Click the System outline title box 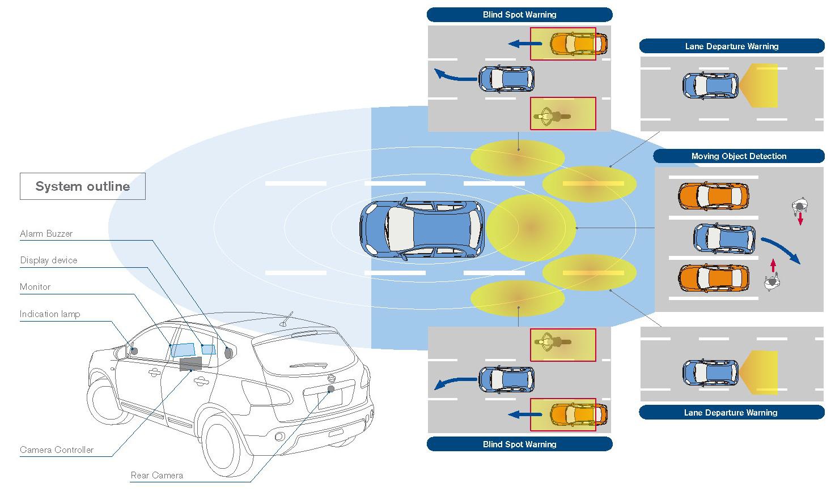[x=83, y=186]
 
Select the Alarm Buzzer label [x=46, y=234]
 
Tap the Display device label [x=49, y=260]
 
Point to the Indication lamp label [x=50, y=314]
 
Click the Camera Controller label [x=57, y=450]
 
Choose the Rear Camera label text [x=157, y=476]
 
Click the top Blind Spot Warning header [x=519, y=15]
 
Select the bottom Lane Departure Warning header [x=731, y=413]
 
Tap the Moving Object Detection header [x=739, y=156]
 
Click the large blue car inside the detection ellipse [x=423, y=229]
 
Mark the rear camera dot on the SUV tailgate [x=331, y=389]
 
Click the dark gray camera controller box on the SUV [x=190, y=363]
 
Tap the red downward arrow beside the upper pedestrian [x=800, y=219]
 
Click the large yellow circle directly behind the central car [x=531, y=228]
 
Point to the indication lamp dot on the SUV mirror [x=134, y=351]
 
